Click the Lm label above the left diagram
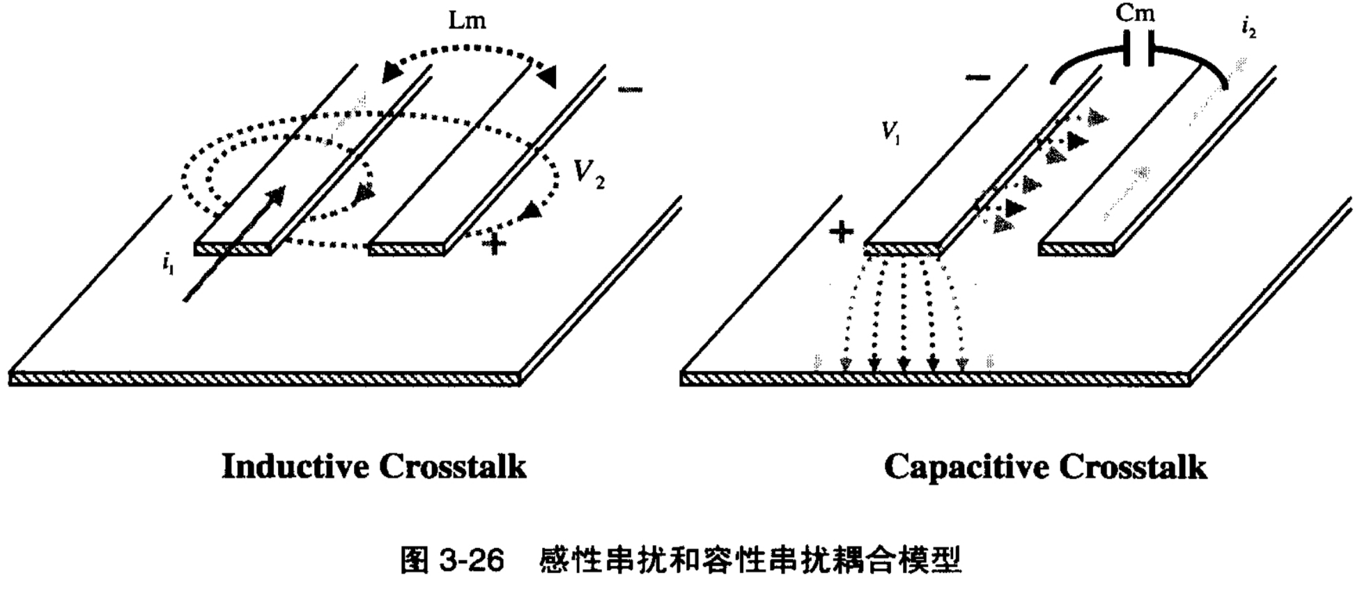point(467,21)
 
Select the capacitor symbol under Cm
point(1139,47)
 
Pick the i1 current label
point(167,264)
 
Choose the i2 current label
point(1248,28)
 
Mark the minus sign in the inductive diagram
point(630,89)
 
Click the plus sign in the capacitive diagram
point(842,232)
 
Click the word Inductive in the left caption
point(294,466)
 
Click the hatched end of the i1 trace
point(232,249)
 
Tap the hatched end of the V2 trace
point(405,249)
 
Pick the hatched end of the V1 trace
point(902,249)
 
